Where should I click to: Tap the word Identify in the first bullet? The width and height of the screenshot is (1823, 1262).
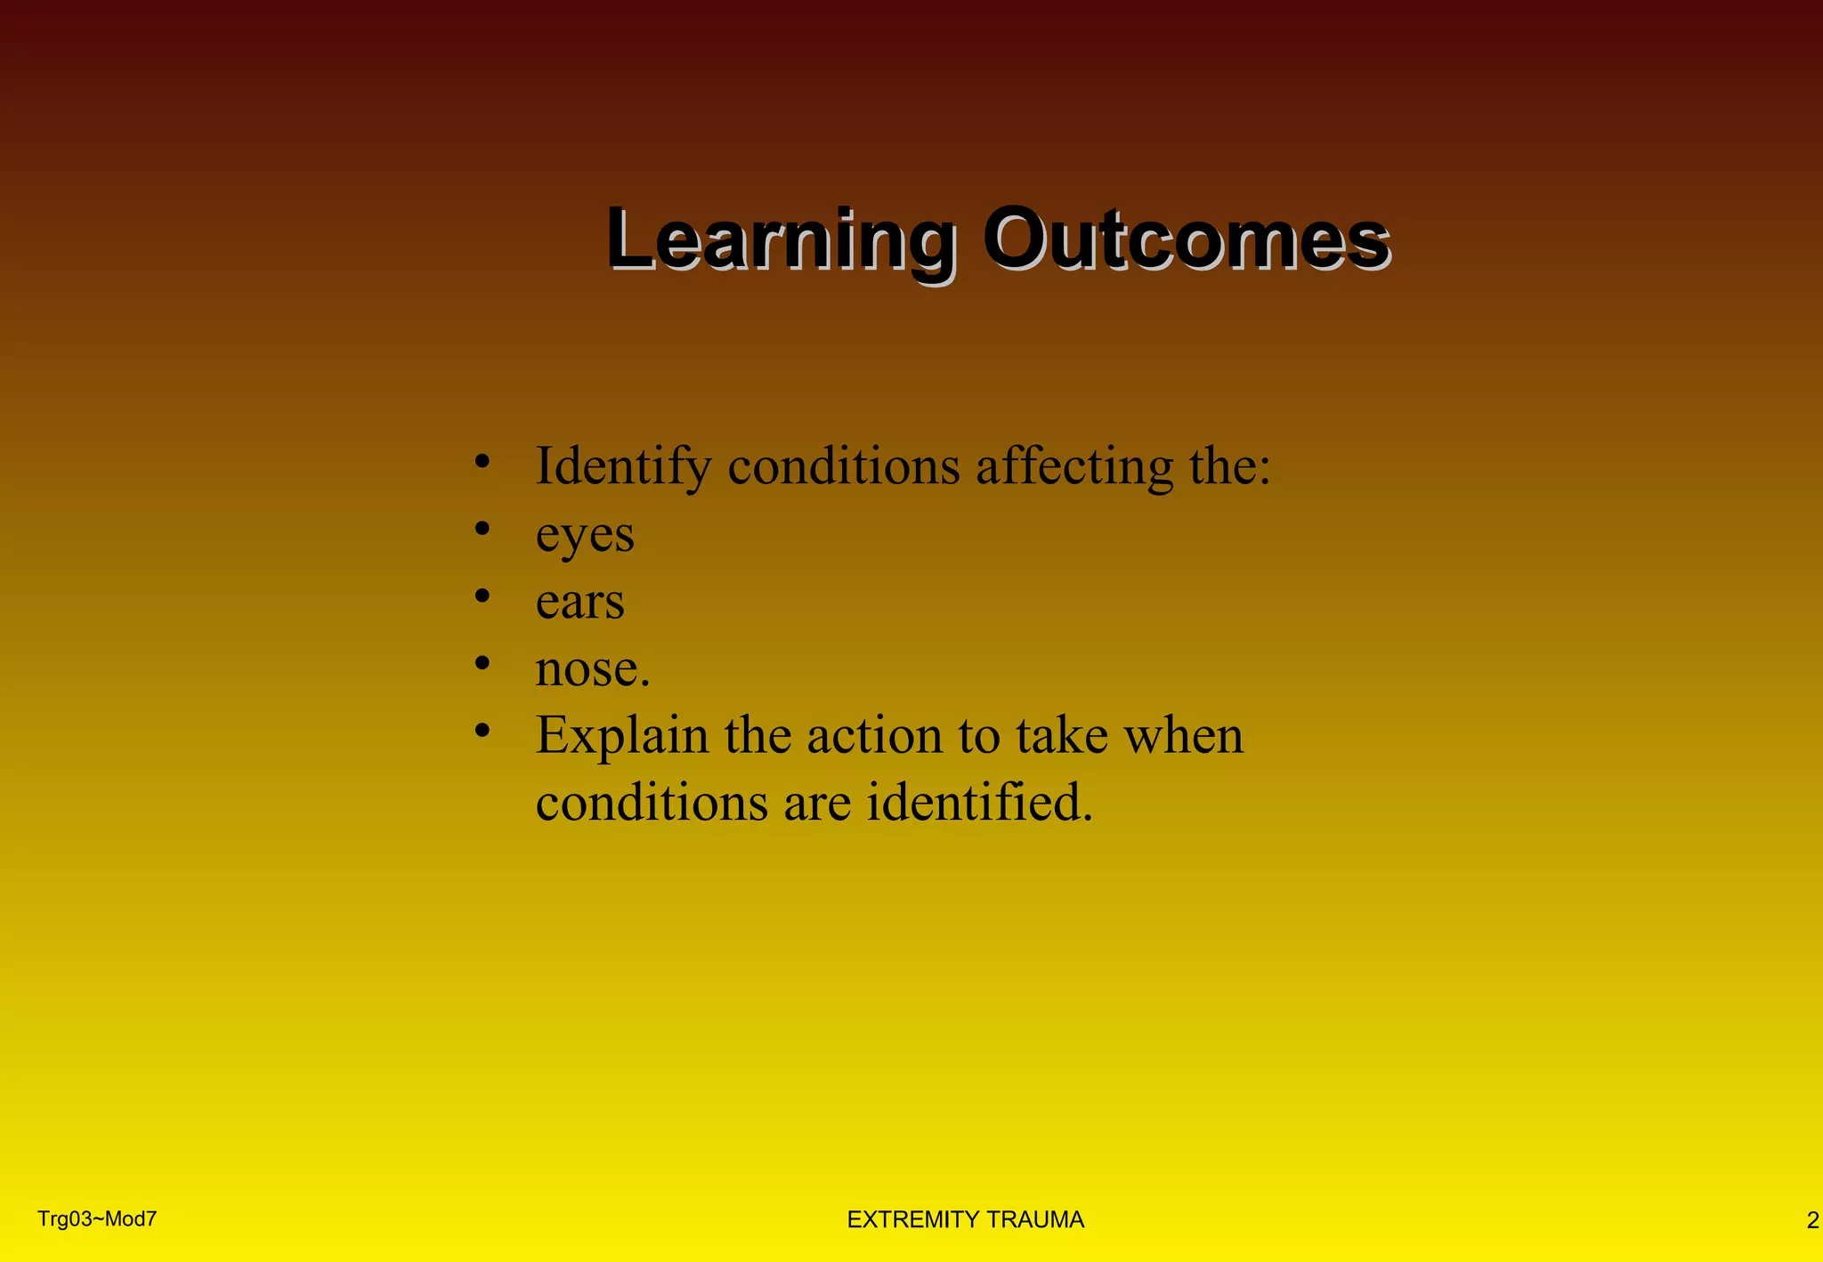point(623,466)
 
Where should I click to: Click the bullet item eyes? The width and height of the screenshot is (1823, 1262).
point(585,535)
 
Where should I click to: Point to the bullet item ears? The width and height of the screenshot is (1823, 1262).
point(579,602)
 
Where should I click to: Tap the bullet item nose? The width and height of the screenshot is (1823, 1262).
point(592,668)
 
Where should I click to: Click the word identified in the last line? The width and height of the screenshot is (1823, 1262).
point(978,802)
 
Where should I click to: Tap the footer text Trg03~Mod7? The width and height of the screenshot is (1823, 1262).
point(97,1219)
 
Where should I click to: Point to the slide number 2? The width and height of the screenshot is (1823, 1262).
point(1811,1221)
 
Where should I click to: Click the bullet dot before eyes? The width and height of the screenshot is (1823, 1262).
point(482,530)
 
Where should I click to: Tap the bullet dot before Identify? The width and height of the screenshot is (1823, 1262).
point(482,462)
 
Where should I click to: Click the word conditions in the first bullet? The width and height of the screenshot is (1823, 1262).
point(844,466)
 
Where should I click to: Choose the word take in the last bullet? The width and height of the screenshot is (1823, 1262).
point(1060,736)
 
